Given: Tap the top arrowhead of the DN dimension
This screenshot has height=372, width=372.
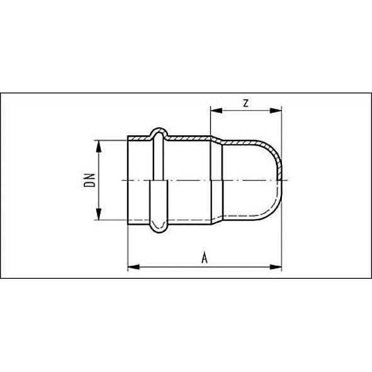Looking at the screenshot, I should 98,144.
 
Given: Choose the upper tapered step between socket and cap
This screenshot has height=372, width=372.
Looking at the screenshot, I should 215,138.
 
